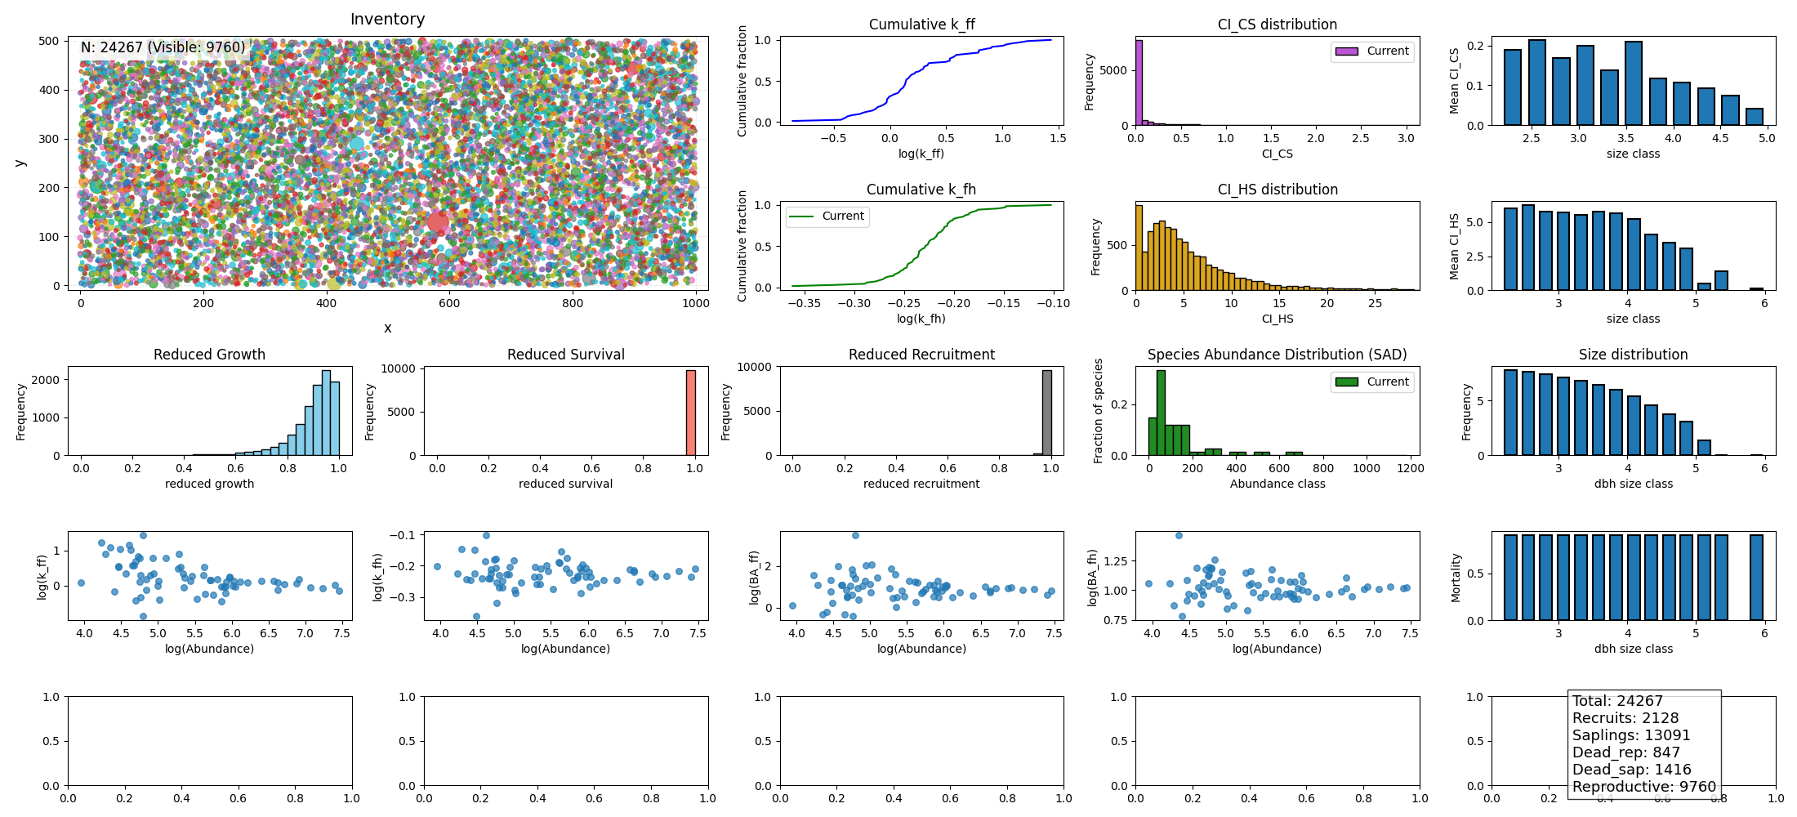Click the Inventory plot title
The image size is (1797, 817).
click(387, 19)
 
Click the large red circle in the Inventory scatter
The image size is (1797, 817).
click(439, 222)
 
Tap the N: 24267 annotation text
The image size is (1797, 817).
click(163, 47)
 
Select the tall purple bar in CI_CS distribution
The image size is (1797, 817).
click(1139, 82)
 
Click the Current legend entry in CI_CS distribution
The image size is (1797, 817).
click(1372, 51)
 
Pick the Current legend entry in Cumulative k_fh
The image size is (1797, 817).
click(827, 217)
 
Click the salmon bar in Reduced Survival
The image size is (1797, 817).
click(691, 413)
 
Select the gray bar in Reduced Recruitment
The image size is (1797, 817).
click(1047, 413)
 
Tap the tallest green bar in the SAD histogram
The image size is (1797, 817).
click(1161, 413)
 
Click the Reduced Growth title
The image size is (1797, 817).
click(209, 355)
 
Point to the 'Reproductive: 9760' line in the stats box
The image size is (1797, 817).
click(1643, 787)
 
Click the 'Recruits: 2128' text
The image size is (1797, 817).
click(1625, 718)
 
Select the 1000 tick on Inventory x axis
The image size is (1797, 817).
click(696, 303)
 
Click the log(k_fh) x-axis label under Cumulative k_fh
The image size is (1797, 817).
click(921, 319)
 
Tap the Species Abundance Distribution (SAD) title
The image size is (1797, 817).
click(1277, 355)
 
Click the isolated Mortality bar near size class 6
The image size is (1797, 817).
click(1756, 577)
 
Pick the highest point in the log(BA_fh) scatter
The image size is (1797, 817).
click(1179, 536)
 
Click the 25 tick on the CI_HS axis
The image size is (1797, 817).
click(1375, 303)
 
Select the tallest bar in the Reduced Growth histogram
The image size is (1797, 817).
click(326, 413)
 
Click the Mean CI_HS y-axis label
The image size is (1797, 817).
click(1454, 246)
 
